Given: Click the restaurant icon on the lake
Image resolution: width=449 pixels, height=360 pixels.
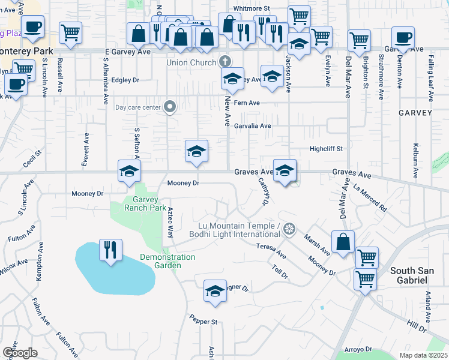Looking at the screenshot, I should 111,250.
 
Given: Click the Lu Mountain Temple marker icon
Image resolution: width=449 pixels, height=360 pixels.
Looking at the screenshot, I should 289,229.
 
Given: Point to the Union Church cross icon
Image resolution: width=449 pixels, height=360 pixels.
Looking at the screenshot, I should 225,61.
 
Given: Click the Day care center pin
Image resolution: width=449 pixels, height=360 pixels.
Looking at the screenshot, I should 170,107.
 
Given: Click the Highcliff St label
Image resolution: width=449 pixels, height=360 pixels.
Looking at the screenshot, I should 326,148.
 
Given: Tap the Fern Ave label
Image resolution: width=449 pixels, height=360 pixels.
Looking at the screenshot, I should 247,103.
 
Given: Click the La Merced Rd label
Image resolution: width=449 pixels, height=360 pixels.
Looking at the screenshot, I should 370,198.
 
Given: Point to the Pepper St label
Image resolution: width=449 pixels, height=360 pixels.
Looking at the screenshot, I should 203,322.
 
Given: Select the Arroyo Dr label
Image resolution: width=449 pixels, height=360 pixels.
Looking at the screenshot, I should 358,349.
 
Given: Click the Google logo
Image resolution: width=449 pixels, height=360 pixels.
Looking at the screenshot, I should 20,353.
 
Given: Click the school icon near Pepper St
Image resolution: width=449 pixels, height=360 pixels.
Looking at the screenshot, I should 215,291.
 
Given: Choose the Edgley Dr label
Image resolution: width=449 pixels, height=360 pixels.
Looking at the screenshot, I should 125,80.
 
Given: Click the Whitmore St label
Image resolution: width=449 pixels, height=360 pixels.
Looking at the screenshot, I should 252,8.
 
